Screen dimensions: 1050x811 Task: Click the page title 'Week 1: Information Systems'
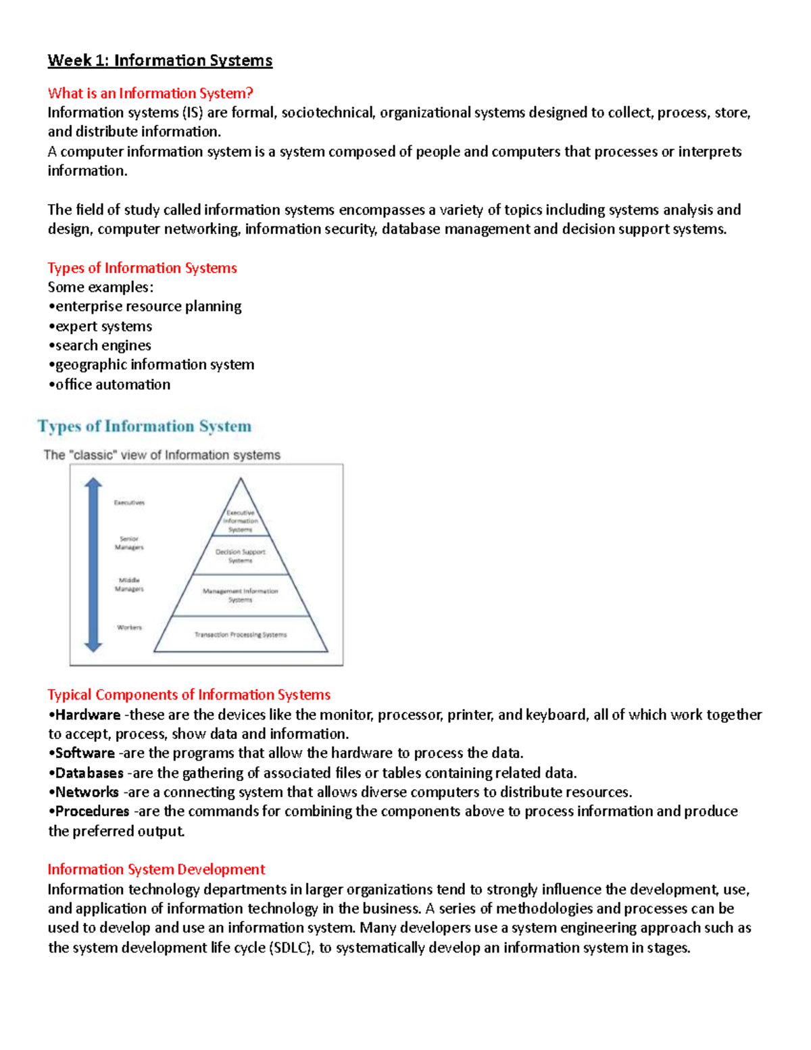click(x=159, y=61)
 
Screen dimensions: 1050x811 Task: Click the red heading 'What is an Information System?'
click(x=150, y=93)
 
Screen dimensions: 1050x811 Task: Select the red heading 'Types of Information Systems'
click(x=142, y=268)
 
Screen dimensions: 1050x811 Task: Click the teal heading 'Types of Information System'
click(x=145, y=427)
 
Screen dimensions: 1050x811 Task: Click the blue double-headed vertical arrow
click(x=93, y=565)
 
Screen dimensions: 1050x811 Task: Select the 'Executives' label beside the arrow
click(x=128, y=503)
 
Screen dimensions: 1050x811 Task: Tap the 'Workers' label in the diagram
click(x=129, y=627)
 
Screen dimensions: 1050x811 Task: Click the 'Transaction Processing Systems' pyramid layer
click(x=241, y=635)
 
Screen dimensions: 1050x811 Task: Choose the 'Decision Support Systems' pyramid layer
click(x=241, y=556)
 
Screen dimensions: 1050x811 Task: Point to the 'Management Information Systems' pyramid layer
click(x=241, y=595)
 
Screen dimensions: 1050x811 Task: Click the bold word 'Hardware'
click(x=88, y=715)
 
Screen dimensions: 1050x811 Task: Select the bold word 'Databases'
click(x=89, y=773)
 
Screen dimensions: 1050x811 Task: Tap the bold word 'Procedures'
click(x=92, y=811)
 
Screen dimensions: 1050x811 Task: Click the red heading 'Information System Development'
click(x=156, y=869)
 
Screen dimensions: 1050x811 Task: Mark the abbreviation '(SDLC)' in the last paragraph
click(x=291, y=948)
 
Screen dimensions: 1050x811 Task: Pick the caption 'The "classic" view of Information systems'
click(x=162, y=455)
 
